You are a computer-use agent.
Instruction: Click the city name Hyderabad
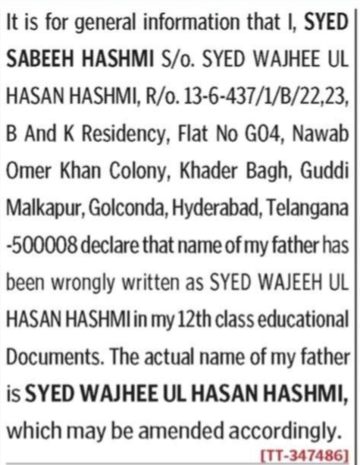pos(208,207)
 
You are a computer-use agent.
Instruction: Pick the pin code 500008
pos(38,245)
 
